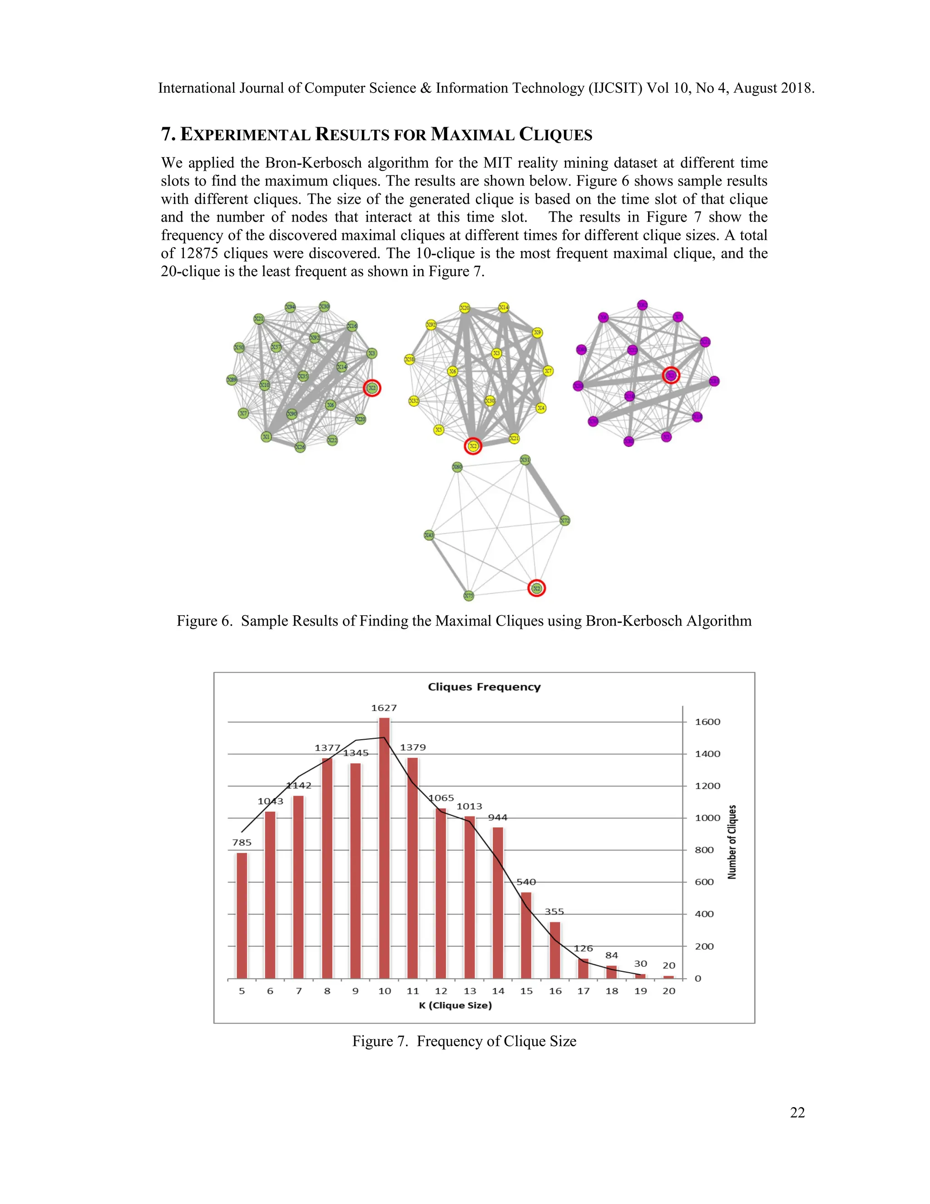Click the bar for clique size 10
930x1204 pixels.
(x=384, y=849)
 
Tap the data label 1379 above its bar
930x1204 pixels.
(x=413, y=747)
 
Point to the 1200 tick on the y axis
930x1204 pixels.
(x=707, y=786)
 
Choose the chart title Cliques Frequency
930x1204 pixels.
(x=484, y=687)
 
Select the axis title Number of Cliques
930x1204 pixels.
(x=732, y=842)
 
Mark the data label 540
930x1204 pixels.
(x=526, y=882)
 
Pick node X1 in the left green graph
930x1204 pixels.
(x=266, y=437)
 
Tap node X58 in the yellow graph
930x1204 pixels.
(x=409, y=359)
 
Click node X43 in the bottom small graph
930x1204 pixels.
(x=429, y=535)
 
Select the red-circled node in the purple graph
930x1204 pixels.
(x=671, y=375)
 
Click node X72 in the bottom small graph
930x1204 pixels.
(x=565, y=520)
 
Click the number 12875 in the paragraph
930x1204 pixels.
(x=198, y=254)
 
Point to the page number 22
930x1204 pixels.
(x=797, y=1113)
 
